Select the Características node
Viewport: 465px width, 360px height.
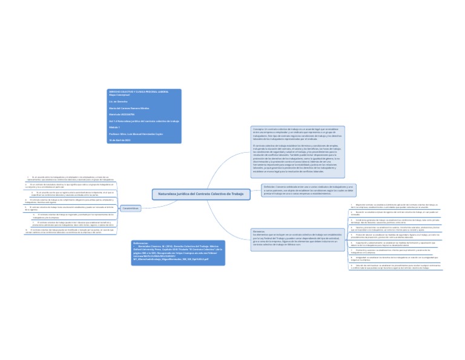point(130,208)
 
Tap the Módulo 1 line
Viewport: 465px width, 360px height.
point(114,127)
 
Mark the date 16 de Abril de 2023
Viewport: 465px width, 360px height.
point(120,139)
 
